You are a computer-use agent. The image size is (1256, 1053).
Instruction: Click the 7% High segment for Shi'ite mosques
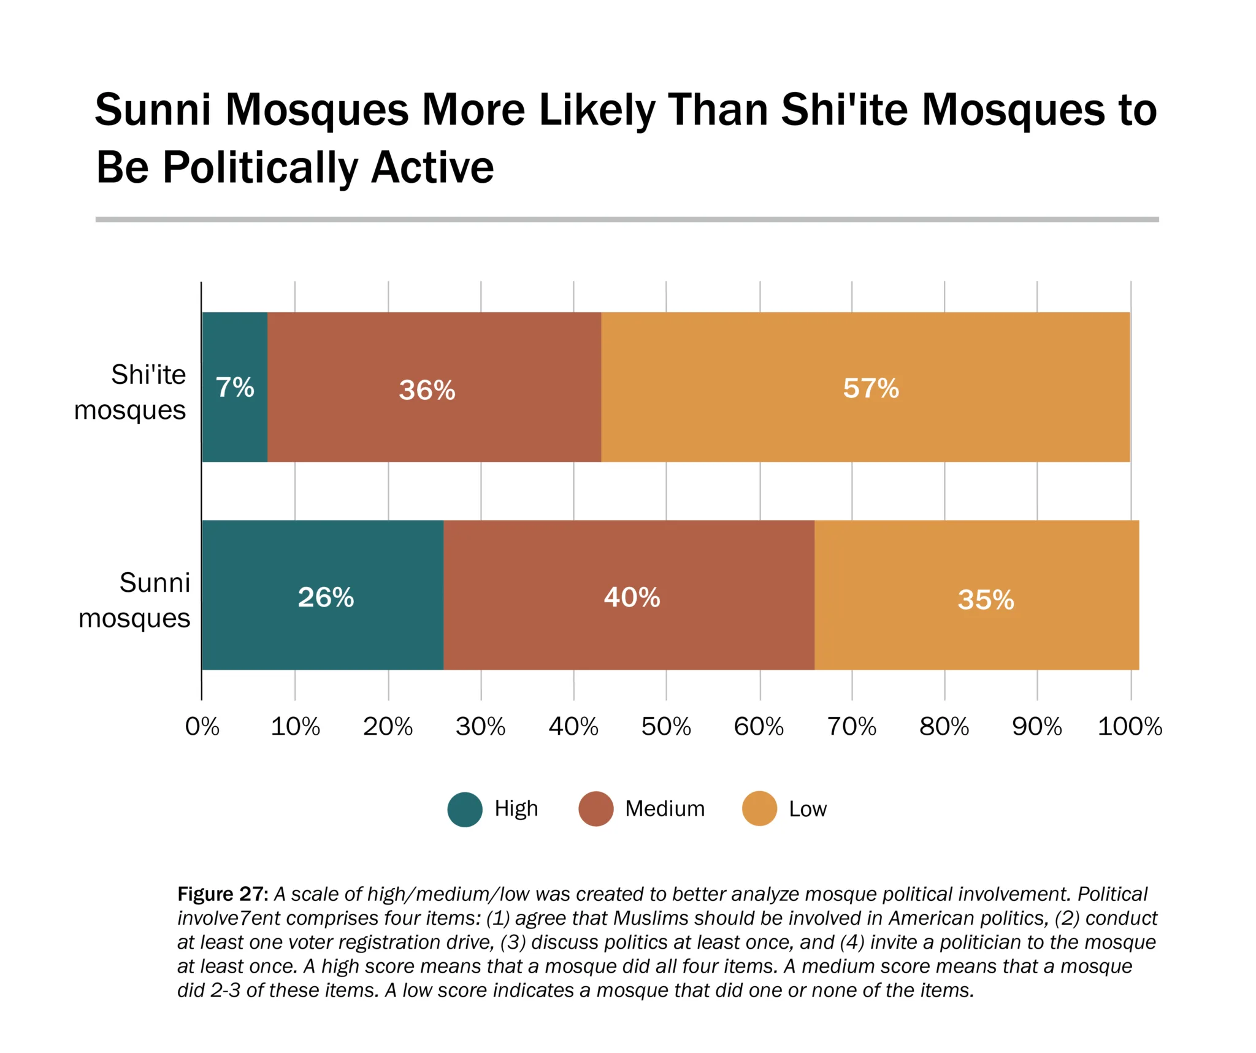click(x=235, y=387)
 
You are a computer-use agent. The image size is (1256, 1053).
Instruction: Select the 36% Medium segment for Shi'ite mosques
click(x=434, y=387)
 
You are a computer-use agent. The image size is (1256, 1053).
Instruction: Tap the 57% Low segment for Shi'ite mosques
click(x=865, y=387)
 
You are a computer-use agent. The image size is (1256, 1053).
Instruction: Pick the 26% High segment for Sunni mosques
click(x=323, y=595)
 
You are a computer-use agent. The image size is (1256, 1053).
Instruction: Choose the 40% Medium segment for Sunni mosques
click(x=629, y=595)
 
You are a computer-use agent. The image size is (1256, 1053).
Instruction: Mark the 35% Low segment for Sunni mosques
click(x=976, y=595)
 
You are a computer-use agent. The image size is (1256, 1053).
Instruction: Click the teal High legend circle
click(x=465, y=810)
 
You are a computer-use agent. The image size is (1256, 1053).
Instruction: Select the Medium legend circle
click(x=595, y=810)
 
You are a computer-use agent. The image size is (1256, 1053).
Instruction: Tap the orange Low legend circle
click(x=759, y=810)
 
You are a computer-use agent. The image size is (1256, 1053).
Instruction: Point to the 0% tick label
click(x=202, y=727)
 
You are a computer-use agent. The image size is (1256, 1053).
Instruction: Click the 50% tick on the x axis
click(x=666, y=727)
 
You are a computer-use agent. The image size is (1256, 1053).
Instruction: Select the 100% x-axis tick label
click(x=1130, y=727)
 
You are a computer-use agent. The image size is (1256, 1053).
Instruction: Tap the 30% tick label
click(x=480, y=727)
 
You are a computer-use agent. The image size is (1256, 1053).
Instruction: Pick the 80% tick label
click(x=944, y=727)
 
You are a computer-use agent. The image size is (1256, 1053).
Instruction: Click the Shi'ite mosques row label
click(x=130, y=392)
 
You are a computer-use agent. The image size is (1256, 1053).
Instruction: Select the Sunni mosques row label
click(x=135, y=600)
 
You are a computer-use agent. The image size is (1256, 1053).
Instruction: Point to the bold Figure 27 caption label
click(x=223, y=894)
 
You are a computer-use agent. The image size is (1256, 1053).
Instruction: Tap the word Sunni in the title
click(x=153, y=110)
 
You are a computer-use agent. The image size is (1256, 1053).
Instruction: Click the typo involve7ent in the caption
click(x=228, y=918)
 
